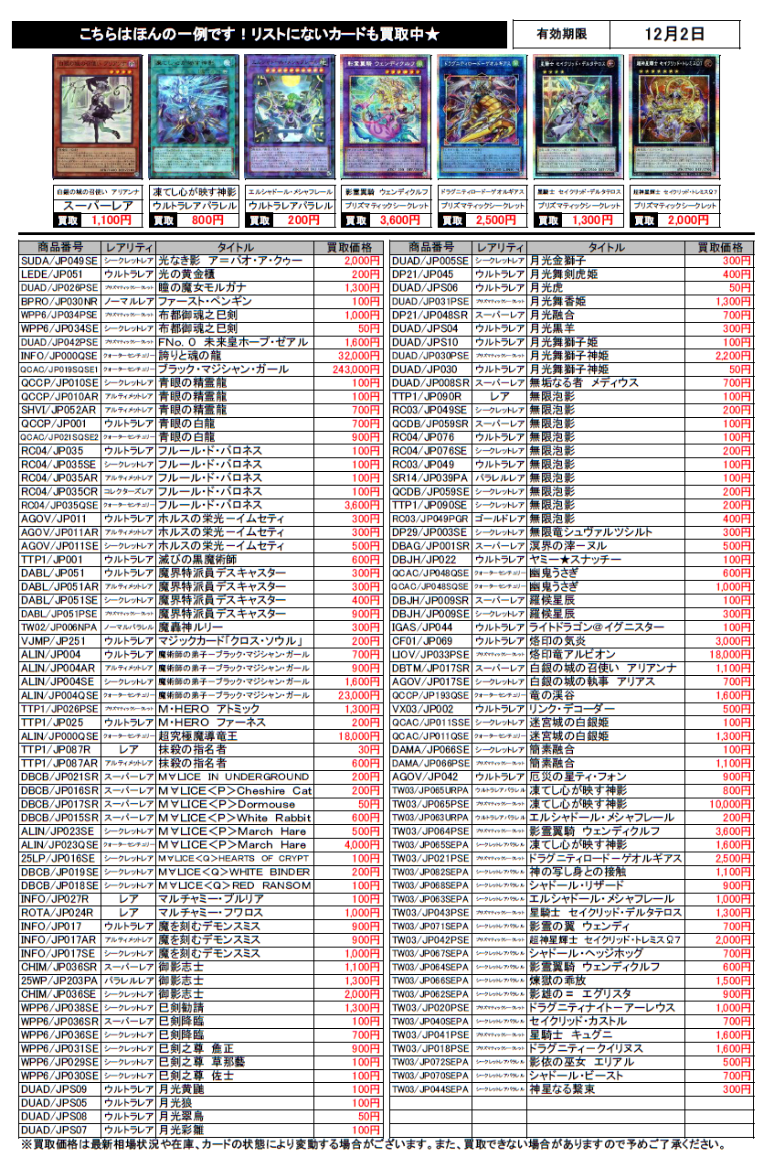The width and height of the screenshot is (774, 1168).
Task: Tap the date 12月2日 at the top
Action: [673, 35]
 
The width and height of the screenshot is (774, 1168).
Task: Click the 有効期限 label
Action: [561, 35]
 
